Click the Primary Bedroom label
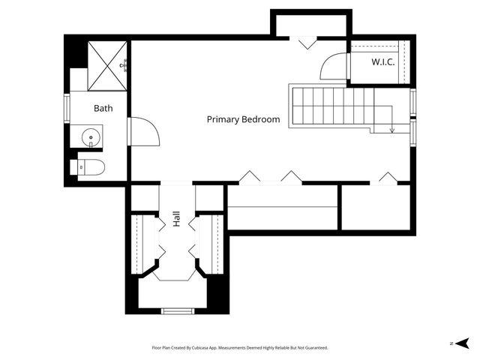[243, 119]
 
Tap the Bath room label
[103, 108]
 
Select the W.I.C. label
[383, 62]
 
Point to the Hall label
[177, 219]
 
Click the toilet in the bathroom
[88, 167]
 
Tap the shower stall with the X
[107, 66]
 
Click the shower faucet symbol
[124, 65]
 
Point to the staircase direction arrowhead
[391, 130]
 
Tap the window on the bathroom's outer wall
[67, 108]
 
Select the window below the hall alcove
[178, 311]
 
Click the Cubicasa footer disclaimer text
[240, 348]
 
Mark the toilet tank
[73, 167]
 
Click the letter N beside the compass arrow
[451, 343]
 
